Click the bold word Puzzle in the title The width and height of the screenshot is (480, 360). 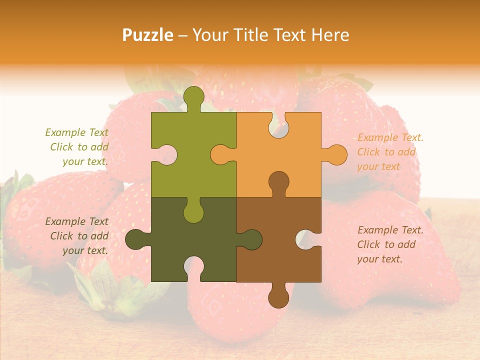pyautogui.click(x=148, y=35)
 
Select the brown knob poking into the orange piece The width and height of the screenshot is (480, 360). pyautogui.click(x=278, y=182)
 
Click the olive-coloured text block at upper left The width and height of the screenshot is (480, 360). pyautogui.click(x=77, y=147)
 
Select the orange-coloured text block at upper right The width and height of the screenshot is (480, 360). pyautogui.click(x=390, y=152)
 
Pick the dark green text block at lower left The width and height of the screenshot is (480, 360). pyautogui.click(x=77, y=236)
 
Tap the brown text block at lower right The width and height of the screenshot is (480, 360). pyautogui.click(x=390, y=244)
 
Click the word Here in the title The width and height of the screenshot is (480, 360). pyautogui.click(x=330, y=35)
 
